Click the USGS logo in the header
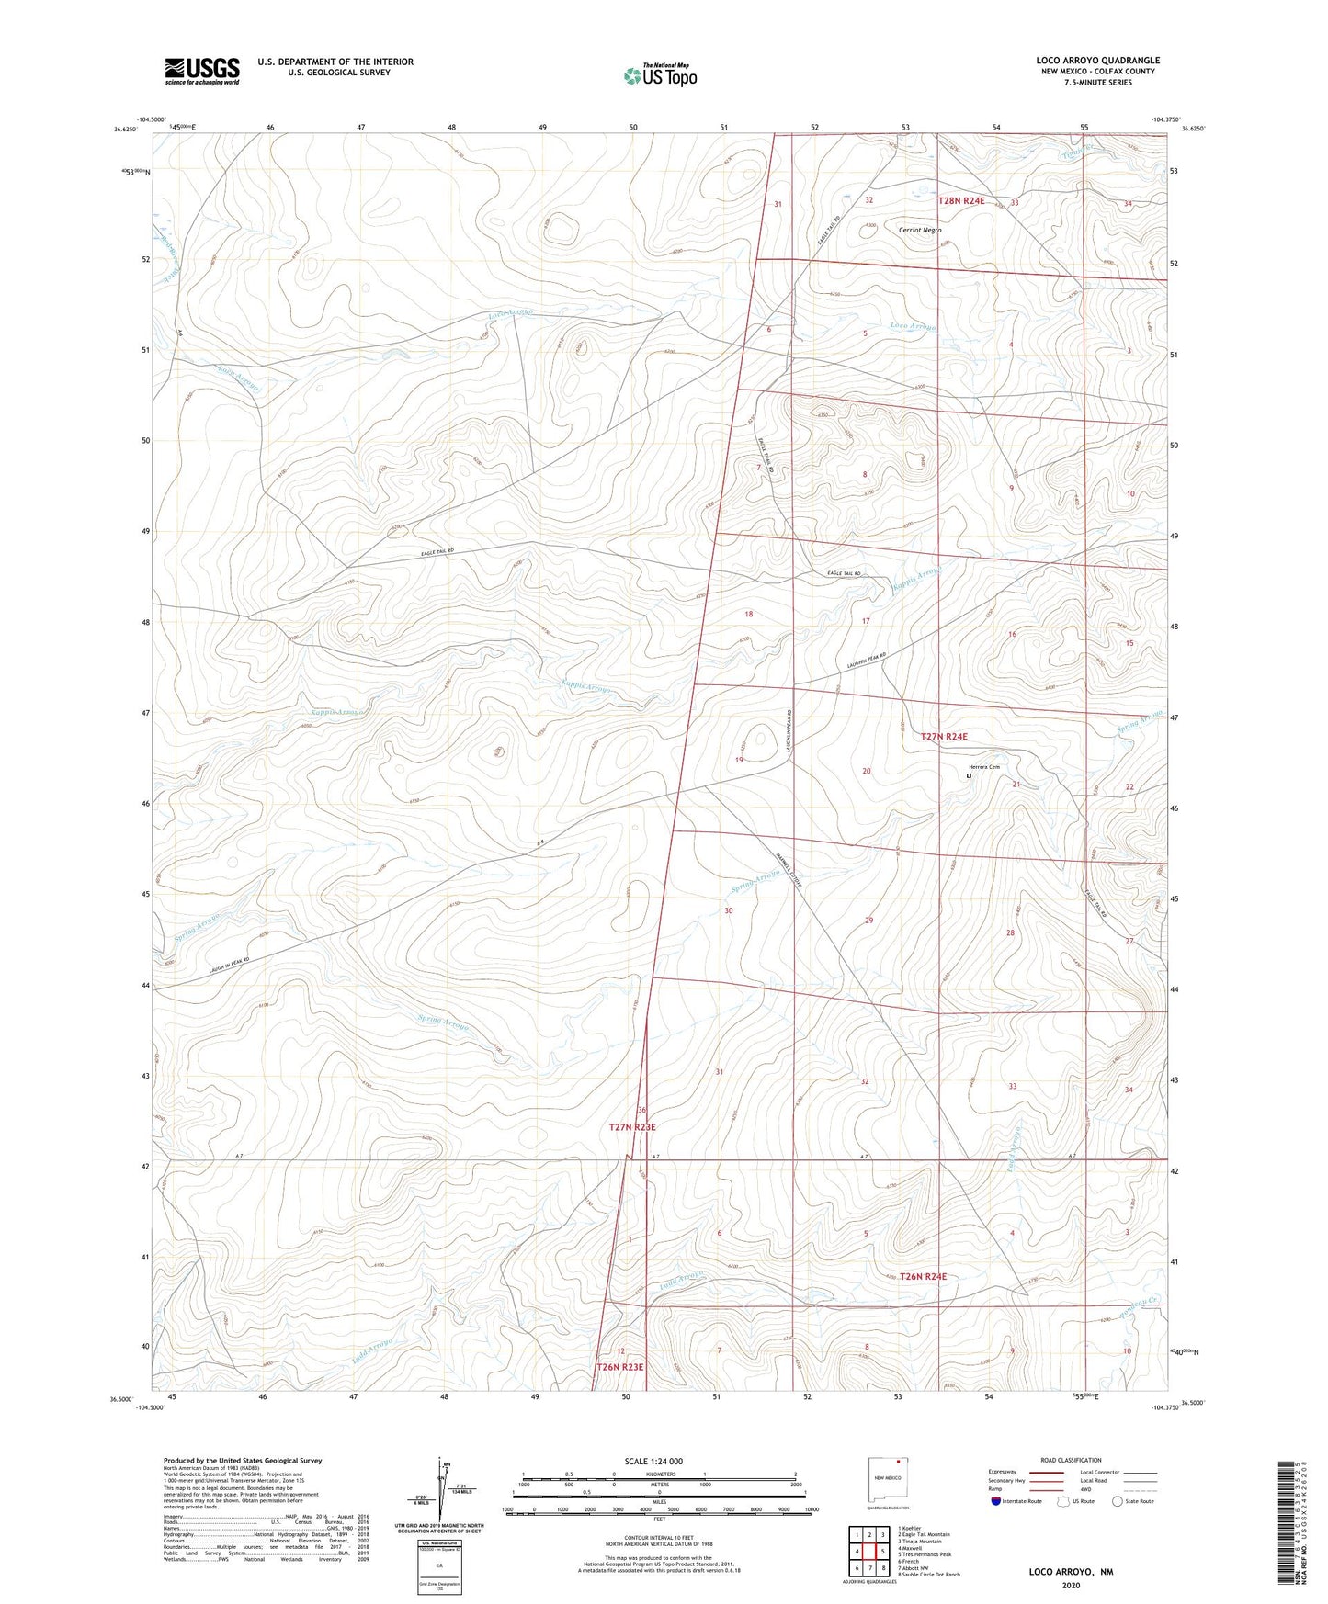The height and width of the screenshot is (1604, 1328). tap(202, 71)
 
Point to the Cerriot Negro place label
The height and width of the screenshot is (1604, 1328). tap(920, 230)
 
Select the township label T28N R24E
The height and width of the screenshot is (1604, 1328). tap(960, 200)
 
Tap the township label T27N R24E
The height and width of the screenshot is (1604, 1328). tap(944, 736)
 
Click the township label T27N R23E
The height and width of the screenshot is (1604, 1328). tap(632, 1126)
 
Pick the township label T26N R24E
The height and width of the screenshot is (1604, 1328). tap(923, 1276)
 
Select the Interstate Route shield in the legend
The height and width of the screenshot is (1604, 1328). tap(995, 1501)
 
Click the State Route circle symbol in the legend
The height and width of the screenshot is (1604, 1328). tap(1118, 1501)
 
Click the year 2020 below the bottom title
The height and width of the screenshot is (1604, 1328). tap(1070, 1585)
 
